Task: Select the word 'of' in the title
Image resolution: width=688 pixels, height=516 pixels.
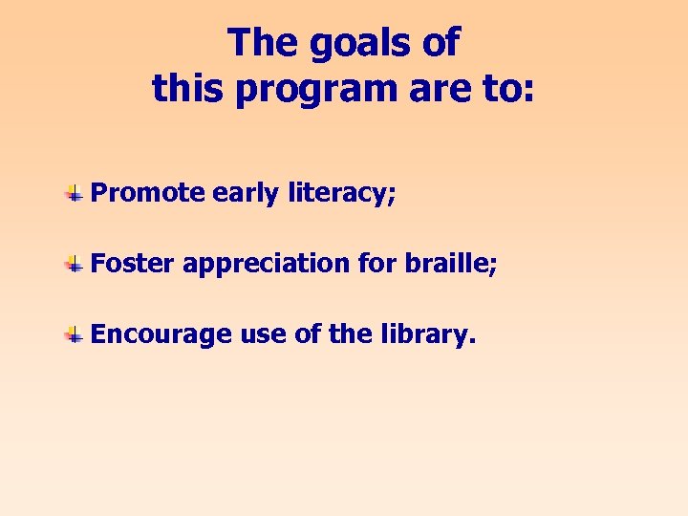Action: (x=440, y=43)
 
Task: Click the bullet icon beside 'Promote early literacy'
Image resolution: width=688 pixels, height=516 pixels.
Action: (x=73, y=195)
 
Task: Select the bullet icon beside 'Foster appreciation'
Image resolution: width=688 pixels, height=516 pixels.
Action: (x=73, y=265)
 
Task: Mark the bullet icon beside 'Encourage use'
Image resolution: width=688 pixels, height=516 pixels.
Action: (x=73, y=335)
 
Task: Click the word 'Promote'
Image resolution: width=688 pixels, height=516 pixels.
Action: (x=148, y=194)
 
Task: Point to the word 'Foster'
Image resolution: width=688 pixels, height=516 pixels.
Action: (x=132, y=264)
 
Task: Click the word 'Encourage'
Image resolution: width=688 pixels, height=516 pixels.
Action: (x=161, y=335)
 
